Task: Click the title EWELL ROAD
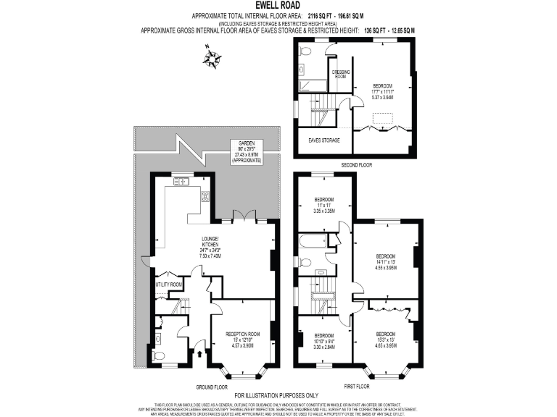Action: [278, 5]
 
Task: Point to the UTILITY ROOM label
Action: [168, 285]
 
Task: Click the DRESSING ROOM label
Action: [341, 74]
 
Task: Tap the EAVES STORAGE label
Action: [324, 140]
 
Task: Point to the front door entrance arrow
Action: [199, 355]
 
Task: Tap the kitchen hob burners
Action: [205, 195]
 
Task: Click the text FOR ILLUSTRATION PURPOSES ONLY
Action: [278, 395]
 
